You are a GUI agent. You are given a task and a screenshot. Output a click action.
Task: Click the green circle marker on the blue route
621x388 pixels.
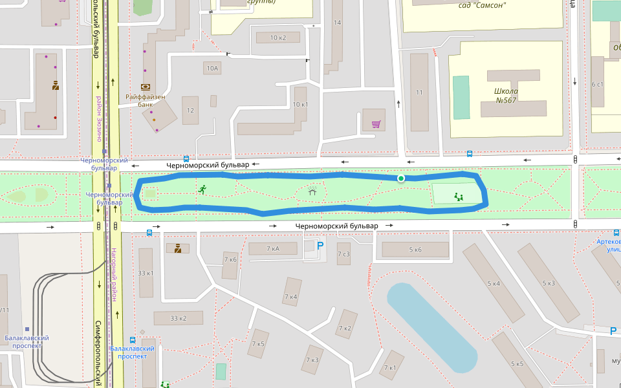tap(401, 178)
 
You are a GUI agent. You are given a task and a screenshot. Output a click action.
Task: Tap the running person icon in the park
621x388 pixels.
tap(202, 189)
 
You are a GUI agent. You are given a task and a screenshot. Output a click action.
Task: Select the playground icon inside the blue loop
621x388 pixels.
tap(459, 197)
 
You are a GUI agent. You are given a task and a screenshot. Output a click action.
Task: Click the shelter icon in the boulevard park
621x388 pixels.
tap(312, 191)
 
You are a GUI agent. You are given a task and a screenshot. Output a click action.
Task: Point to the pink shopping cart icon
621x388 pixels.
tap(375, 124)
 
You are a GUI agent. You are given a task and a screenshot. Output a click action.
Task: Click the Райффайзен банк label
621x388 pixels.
tap(146, 101)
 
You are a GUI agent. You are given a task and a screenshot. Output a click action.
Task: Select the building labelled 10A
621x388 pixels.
tap(212, 68)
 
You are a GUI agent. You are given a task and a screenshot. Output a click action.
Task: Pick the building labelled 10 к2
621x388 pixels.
tap(278, 38)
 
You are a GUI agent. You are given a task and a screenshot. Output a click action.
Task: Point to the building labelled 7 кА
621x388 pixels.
tap(273, 248)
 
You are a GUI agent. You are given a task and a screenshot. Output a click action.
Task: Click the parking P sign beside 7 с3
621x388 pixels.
tap(320, 245)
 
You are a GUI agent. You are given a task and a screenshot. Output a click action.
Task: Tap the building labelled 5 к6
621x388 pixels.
tap(415, 250)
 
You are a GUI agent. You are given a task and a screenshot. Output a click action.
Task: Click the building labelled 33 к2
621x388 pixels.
tap(178, 318)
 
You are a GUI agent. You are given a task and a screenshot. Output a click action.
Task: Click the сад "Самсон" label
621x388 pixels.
tap(482, 6)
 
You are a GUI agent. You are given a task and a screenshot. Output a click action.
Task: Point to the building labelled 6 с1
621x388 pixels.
tap(597, 85)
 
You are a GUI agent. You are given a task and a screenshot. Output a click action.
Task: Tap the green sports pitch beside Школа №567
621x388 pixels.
tap(461, 98)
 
